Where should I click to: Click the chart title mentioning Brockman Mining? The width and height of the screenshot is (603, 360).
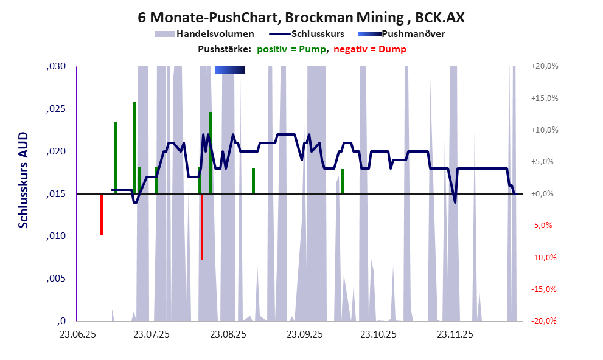point(301,18)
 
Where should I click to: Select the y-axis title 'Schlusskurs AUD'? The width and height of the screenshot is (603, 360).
point(23,181)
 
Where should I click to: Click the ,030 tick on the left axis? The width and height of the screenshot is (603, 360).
point(56,67)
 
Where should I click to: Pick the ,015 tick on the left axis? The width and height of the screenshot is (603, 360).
point(56,194)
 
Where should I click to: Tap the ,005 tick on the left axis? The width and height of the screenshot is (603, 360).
point(56,279)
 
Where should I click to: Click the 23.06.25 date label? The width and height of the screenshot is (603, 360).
point(77,334)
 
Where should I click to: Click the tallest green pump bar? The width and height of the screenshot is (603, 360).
point(134,146)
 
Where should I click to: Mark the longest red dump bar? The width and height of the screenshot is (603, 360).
point(202,226)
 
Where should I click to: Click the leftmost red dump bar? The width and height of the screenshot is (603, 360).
point(102,214)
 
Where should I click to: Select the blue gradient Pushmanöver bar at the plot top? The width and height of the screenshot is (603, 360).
point(230,71)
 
